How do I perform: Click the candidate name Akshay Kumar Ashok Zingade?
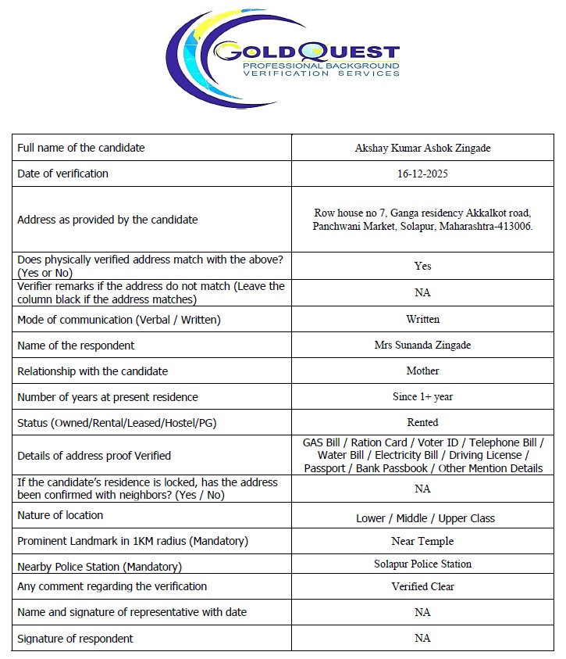click(422, 148)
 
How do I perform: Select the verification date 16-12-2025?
click(422, 174)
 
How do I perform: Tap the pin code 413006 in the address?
click(513, 226)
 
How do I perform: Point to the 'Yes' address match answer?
click(422, 266)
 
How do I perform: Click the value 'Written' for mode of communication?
click(422, 319)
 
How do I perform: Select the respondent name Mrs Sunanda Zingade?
click(422, 345)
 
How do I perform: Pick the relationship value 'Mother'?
click(422, 371)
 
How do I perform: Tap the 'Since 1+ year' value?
click(422, 396)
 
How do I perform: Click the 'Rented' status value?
click(422, 422)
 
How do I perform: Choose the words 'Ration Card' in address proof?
click(378, 442)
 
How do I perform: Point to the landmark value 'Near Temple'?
click(422, 541)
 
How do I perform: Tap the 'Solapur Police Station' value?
click(422, 564)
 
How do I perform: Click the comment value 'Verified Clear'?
click(422, 586)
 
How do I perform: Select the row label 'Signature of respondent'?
click(75, 638)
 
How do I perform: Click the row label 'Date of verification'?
click(62, 174)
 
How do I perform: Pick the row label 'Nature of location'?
click(60, 515)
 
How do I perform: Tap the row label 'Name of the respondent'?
click(76, 345)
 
